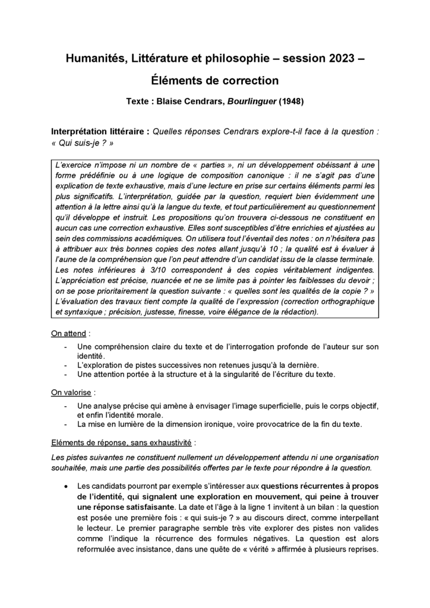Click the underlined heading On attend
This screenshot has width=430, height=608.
point(68,334)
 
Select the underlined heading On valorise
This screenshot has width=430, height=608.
point(71,392)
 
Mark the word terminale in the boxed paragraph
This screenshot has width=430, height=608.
point(355,259)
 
